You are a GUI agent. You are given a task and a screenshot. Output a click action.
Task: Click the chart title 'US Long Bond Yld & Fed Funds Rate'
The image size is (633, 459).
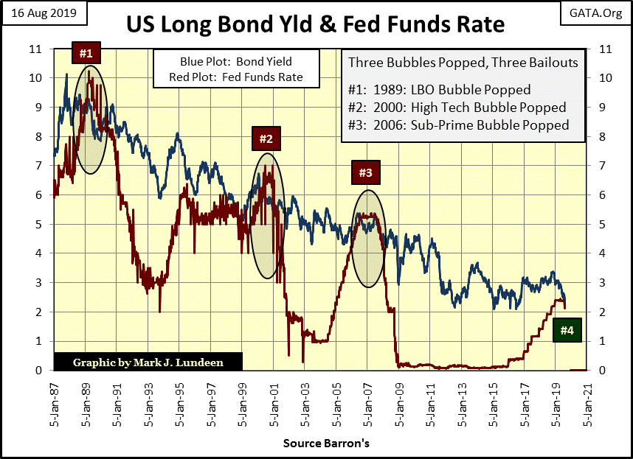click(315, 24)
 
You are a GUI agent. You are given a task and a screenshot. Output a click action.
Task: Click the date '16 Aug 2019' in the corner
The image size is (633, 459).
click(44, 13)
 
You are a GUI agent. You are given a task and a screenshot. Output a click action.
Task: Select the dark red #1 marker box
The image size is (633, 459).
click(86, 54)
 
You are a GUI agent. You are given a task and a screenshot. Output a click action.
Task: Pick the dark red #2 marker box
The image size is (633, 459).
click(266, 138)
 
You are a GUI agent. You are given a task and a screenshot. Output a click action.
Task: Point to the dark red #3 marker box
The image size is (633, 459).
click(366, 172)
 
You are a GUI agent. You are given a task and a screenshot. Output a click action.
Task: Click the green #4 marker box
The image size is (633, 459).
click(566, 330)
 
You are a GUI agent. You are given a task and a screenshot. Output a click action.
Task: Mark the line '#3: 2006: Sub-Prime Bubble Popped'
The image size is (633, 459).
click(457, 125)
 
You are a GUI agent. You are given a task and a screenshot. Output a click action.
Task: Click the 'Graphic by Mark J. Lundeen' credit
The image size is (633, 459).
click(148, 362)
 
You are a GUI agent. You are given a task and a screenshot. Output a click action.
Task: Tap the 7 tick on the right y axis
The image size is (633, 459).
click(606, 166)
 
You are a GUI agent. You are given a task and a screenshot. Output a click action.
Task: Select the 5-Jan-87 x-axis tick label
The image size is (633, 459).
click(54, 402)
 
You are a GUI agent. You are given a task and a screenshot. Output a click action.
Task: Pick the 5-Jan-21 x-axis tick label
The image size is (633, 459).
click(587, 402)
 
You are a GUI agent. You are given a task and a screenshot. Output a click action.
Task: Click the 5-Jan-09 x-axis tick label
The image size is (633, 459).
click(398, 402)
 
